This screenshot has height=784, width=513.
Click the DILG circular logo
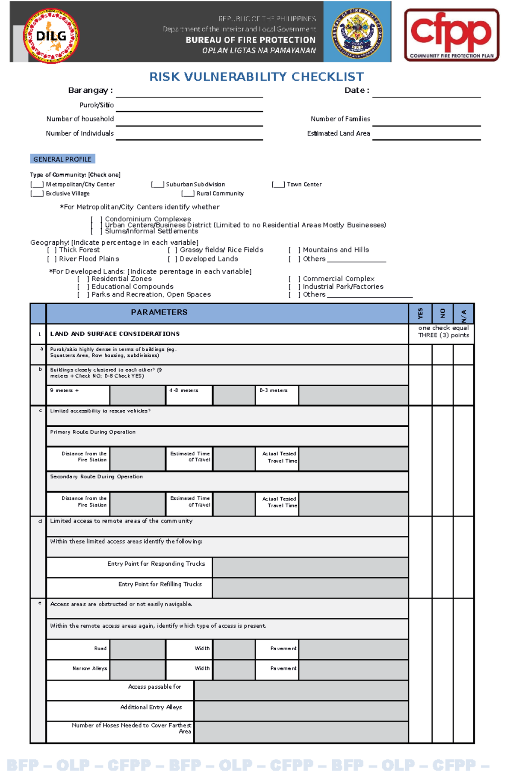pos(50,36)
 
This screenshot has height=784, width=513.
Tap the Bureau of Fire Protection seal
pos(357,32)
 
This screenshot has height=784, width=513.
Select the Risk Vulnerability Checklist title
pos(256,76)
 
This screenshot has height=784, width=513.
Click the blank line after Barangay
pos(189,92)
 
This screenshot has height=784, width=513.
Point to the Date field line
pos(426,92)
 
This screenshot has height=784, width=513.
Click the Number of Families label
pos(340,119)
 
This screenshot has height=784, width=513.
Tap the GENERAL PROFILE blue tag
pos(62,159)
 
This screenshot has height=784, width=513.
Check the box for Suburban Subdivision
pos(157,185)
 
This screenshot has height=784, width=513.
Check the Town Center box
pos(278,185)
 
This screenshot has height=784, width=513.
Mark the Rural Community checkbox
pos(188,194)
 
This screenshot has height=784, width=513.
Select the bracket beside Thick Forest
pos(52,250)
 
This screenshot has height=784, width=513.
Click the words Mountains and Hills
pos(336,250)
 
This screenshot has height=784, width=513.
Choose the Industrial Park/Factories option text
pos(343,287)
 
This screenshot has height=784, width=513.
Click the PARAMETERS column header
pos(159,312)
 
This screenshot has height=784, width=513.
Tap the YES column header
pos(420,314)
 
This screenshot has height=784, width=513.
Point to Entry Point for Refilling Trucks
pos(159,584)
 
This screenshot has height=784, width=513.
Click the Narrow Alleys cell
pos(89,668)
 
